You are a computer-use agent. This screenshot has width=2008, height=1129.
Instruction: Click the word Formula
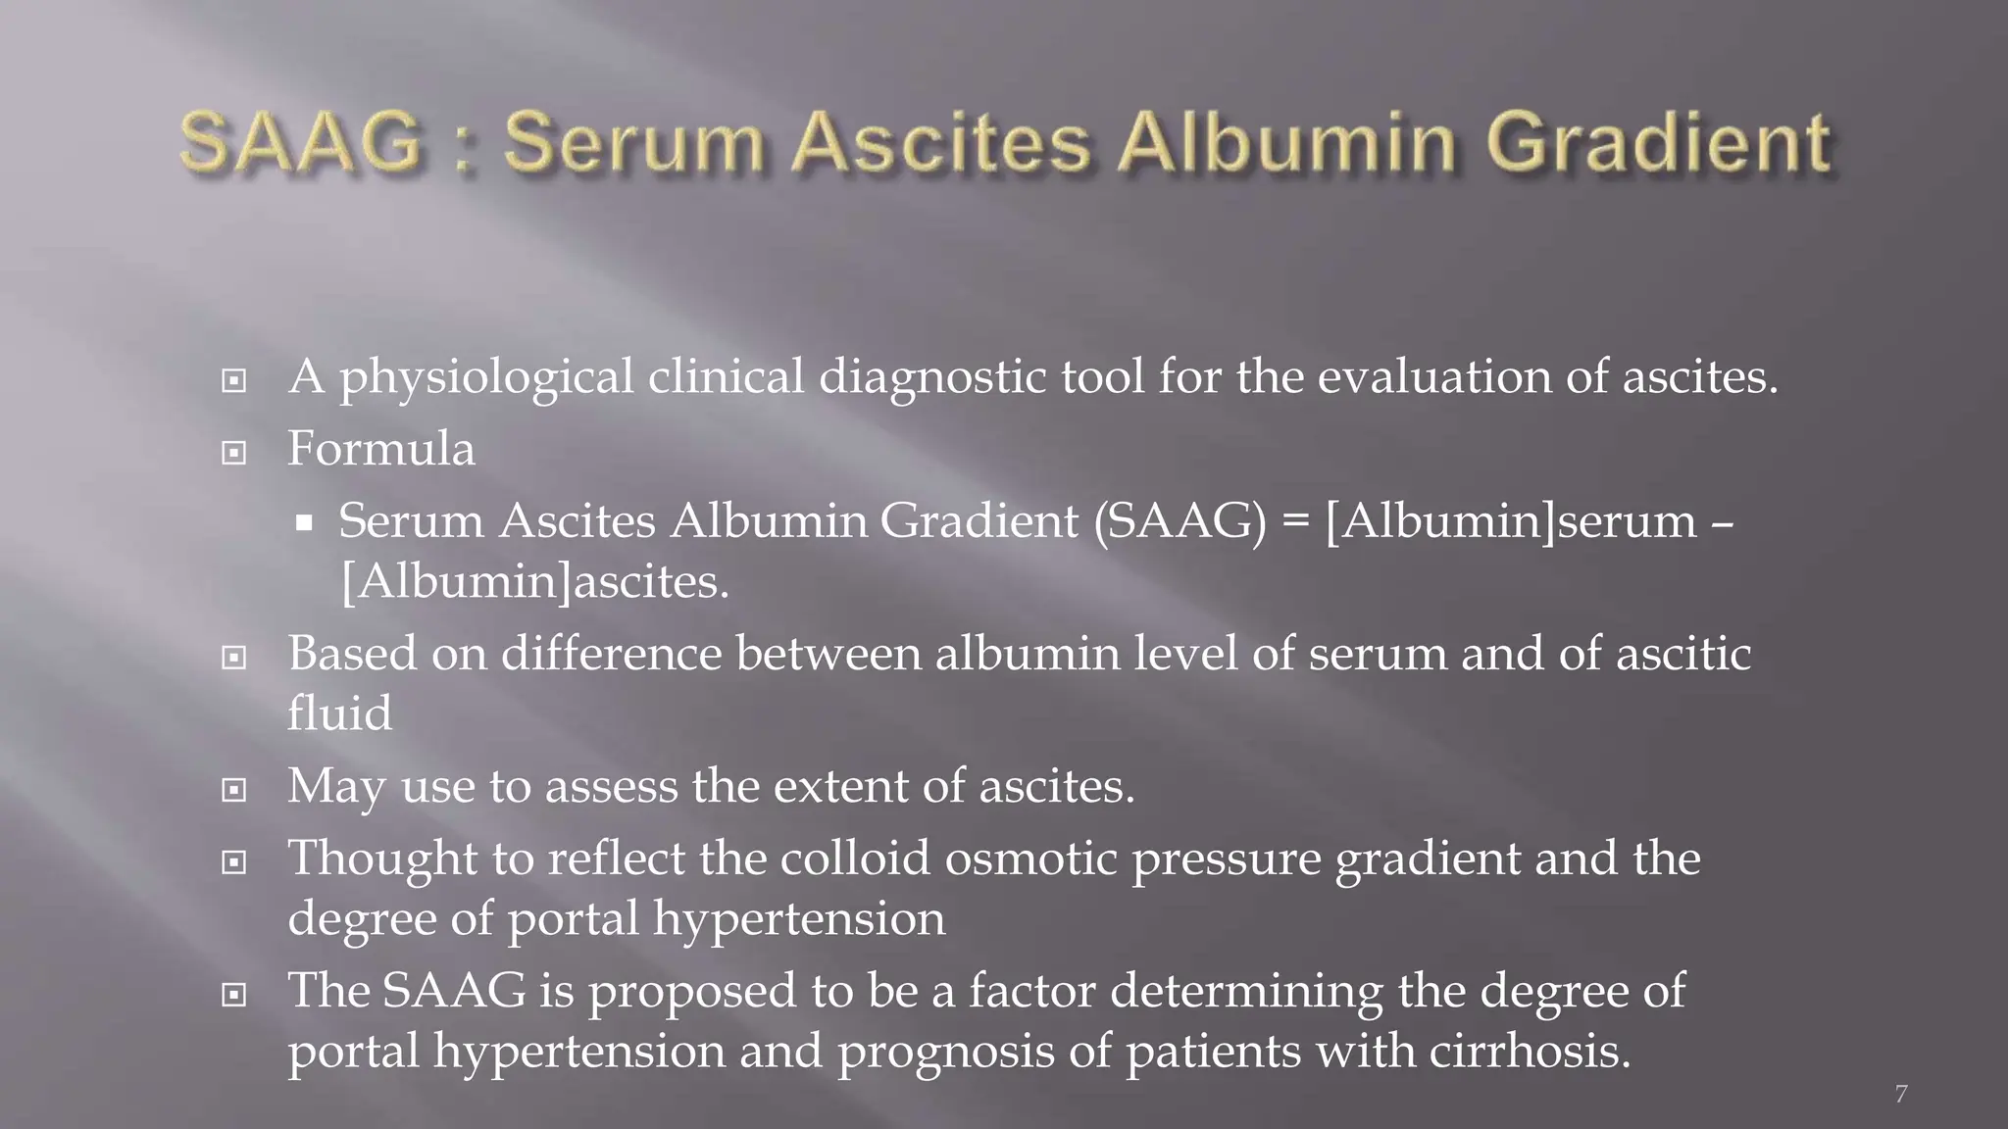coord(380,449)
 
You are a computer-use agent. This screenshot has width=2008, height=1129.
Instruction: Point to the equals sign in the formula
coord(1295,521)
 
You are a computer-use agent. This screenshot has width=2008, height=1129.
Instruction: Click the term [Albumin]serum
coord(1510,521)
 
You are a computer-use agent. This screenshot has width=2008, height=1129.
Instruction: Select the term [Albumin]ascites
coord(534,582)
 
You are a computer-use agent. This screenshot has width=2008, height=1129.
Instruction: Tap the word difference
coord(612,654)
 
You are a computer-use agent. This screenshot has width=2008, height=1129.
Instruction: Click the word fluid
coord(339,712)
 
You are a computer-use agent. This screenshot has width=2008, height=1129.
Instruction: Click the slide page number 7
coord(1901,1094)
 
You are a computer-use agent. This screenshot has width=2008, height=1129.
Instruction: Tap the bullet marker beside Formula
coord(233,453)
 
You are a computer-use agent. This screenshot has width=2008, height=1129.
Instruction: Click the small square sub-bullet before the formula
coord(304,523)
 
